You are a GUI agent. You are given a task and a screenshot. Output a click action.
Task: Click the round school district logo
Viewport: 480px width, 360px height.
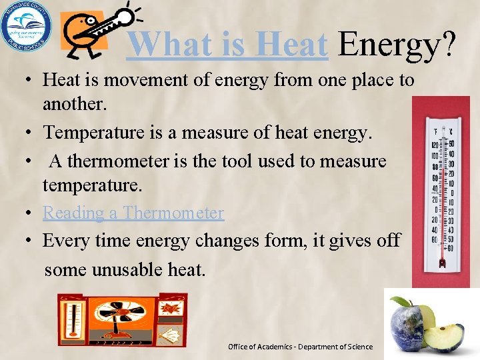coord(25,27)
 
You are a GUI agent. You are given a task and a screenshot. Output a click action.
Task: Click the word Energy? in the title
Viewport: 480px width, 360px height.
coord(397,45)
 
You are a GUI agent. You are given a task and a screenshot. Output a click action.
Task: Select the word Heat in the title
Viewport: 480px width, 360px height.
coord(293,45)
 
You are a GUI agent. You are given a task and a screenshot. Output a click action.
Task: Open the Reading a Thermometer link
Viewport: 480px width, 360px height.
coord(133,213)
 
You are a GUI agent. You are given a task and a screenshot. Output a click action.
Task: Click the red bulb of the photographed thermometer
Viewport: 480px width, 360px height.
coord(441,264)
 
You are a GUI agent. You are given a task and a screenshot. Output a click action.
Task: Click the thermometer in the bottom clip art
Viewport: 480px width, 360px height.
coord(71,319)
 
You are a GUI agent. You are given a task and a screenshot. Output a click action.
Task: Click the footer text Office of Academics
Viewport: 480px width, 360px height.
coord(260,347)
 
